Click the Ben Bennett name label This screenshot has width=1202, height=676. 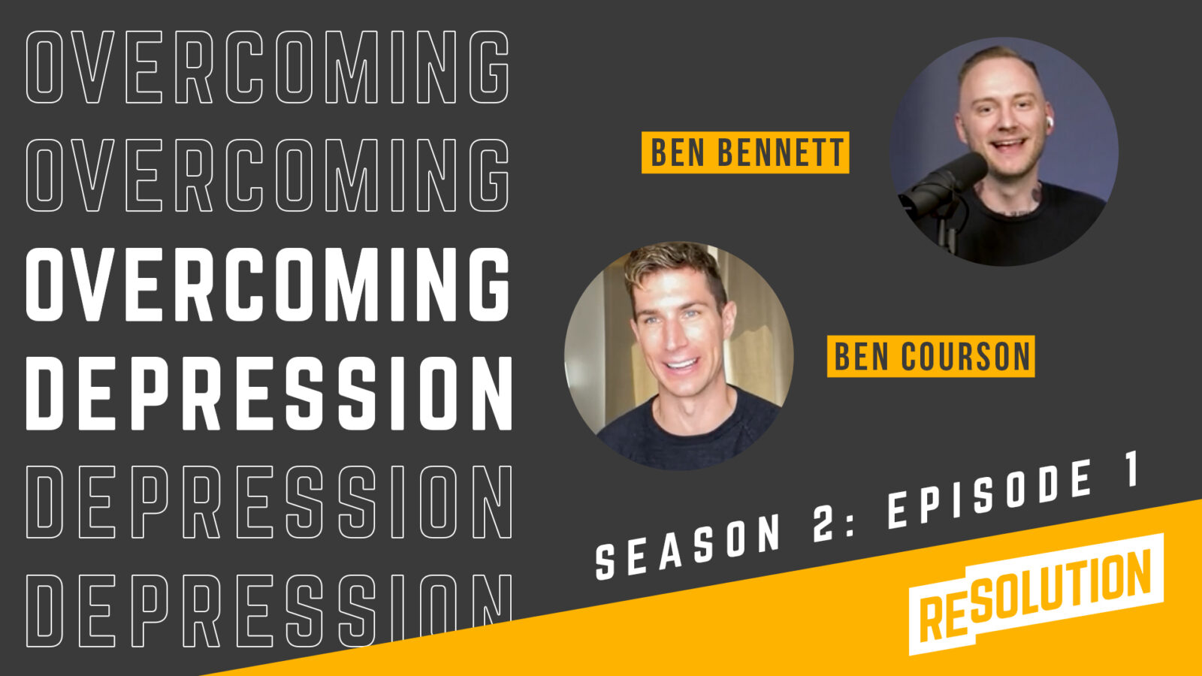(745, 152)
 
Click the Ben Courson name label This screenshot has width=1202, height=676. (931, 356)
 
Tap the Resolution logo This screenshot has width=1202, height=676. (1036, 594)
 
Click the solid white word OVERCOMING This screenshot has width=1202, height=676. (267, 285)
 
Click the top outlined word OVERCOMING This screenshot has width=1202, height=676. (267, 67)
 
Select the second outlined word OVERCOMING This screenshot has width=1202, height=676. (267, 176)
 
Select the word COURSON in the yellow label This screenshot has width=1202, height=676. (966, 356)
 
